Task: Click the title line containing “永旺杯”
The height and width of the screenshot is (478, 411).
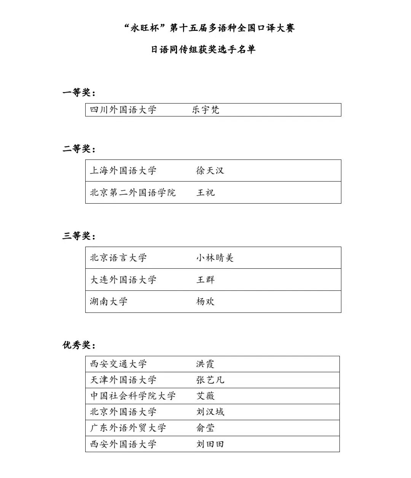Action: (209, 28)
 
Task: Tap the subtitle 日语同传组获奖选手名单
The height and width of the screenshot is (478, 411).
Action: (203, 49)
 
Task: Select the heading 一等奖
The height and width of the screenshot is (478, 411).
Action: (78, 92)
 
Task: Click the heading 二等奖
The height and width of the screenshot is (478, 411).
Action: (78, 149)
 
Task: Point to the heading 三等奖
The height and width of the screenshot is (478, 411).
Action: (78, 236)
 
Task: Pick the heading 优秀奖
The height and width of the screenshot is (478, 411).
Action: (78, 345)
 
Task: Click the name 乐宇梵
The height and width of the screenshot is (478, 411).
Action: (205, 110)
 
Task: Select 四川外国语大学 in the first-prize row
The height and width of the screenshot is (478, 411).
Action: (123, 110)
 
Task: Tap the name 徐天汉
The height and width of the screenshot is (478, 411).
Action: (210, 170)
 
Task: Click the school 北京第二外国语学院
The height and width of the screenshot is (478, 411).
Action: (132, 193)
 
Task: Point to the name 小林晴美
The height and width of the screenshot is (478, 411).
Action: (215, 258)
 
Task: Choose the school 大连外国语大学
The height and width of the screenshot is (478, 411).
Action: (123, 280)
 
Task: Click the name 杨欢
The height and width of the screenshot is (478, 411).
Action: (205, 301)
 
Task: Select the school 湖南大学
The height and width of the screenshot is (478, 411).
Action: (108, 301)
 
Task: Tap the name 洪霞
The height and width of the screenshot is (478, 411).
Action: (205, 364)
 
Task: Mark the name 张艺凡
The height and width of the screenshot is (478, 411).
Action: (210, 380)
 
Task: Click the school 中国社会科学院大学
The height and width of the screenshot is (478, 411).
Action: (132, 396)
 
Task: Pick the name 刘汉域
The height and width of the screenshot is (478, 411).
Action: (210, 412)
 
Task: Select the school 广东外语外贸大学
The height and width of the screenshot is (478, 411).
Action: (128, 428)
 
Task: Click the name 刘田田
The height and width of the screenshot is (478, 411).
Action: (210, 444)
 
